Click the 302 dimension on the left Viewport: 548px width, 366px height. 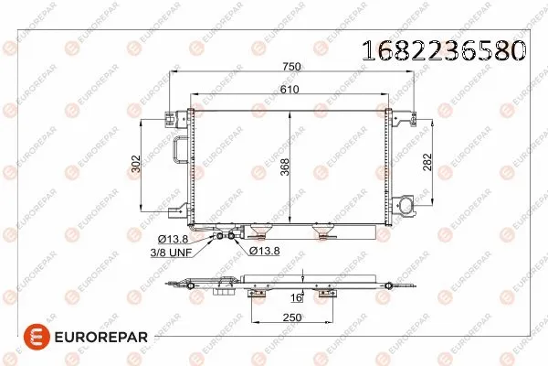pyautogui.click(x=135, y=165)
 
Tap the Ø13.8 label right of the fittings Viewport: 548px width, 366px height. pyautogui.click(x=266, y=248)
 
